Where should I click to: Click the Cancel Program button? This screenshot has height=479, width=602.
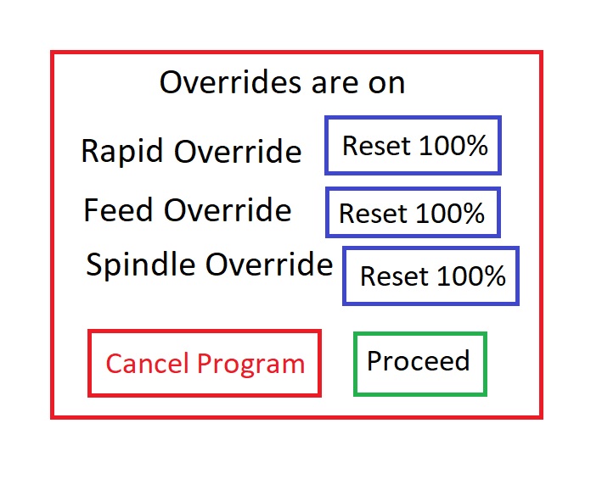205,363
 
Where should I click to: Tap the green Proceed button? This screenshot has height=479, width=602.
420,364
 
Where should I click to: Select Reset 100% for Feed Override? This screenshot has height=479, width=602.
413,212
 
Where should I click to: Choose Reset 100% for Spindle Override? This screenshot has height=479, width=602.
430,276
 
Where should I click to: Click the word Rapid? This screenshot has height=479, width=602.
121,152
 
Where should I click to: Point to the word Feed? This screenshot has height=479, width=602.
118,209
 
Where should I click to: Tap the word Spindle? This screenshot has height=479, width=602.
140,265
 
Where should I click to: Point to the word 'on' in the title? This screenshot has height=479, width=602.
386,84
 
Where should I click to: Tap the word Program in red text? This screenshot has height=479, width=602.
250,365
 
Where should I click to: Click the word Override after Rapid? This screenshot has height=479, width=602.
238,151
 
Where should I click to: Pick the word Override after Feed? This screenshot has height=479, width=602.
228,209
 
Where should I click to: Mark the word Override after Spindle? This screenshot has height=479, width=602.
269,264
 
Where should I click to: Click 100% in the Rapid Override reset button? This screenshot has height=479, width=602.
453,146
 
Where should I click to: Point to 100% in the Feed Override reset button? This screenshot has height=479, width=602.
450,213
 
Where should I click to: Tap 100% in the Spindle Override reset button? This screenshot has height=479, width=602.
471,276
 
